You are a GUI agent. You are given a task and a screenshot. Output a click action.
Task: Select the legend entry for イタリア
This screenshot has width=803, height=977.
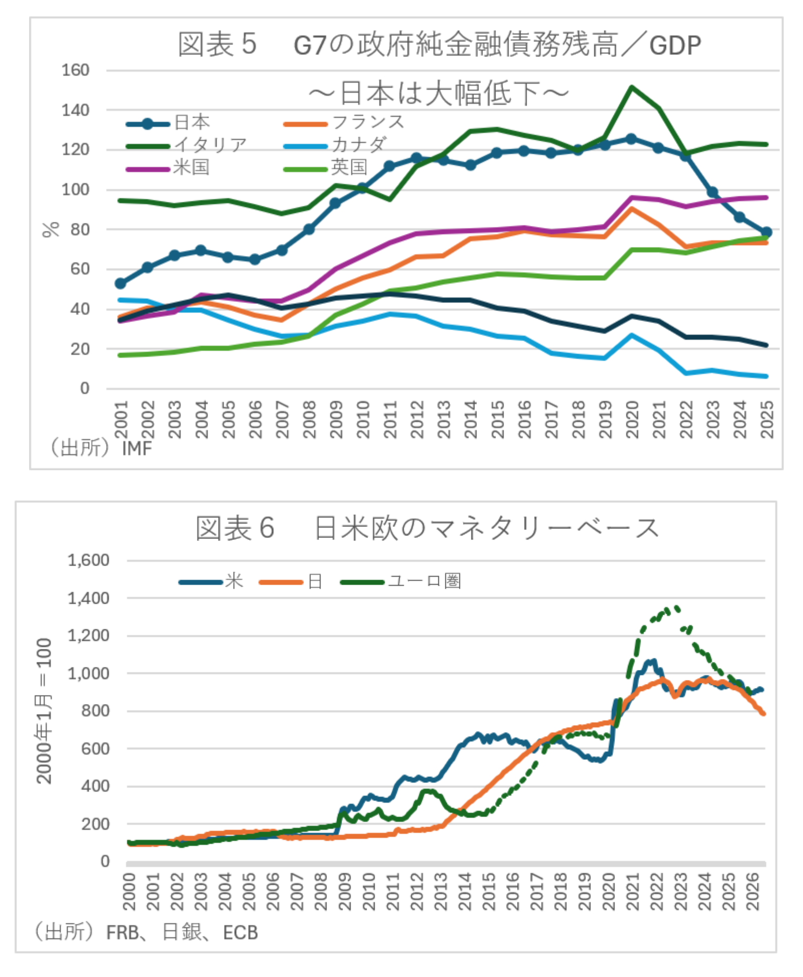tap(187, 145)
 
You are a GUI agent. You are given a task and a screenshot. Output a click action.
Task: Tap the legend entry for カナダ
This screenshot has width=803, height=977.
tap(335, 145)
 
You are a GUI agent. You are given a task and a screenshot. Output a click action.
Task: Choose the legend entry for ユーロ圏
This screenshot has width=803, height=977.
tap(401, 582)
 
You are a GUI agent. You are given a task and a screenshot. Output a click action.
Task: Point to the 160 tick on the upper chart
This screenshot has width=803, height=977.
tap(75, 70)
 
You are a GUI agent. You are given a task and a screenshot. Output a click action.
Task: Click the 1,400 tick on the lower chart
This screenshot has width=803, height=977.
tap(88, 598)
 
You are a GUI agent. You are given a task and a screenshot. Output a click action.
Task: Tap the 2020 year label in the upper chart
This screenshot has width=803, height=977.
tap(632, 420)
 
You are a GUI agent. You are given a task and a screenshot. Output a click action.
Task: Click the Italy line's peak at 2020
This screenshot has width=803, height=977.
tap(631, 87)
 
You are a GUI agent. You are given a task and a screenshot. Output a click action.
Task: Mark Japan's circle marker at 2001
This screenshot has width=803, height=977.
tap(120, 284)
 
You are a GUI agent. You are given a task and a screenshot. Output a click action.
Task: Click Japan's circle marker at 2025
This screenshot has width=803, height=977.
tap(766, 232)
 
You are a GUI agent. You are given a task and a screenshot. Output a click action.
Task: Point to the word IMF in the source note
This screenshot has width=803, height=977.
tap(137, 448)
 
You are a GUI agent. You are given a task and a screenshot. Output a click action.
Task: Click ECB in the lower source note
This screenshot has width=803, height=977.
tap(240, 932)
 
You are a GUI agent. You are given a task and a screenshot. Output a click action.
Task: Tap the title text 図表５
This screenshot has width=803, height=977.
tap(218, 44)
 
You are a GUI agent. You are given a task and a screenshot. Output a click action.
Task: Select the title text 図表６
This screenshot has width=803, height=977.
tap(235, 528)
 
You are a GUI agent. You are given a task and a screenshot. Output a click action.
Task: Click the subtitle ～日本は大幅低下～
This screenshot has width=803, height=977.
tap(438, 93)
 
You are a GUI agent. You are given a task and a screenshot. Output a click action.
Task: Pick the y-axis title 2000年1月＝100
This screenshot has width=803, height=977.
tap(44, 711)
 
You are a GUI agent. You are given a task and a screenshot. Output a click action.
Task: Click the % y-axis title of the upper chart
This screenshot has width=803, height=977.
tap(51, 230)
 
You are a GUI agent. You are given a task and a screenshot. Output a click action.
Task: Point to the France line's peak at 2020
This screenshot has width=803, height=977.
tap(631, 208)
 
